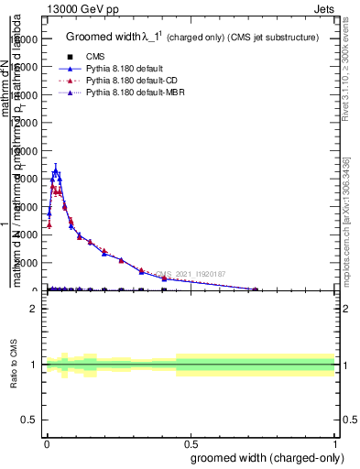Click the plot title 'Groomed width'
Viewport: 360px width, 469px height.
tap(100, 38)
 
